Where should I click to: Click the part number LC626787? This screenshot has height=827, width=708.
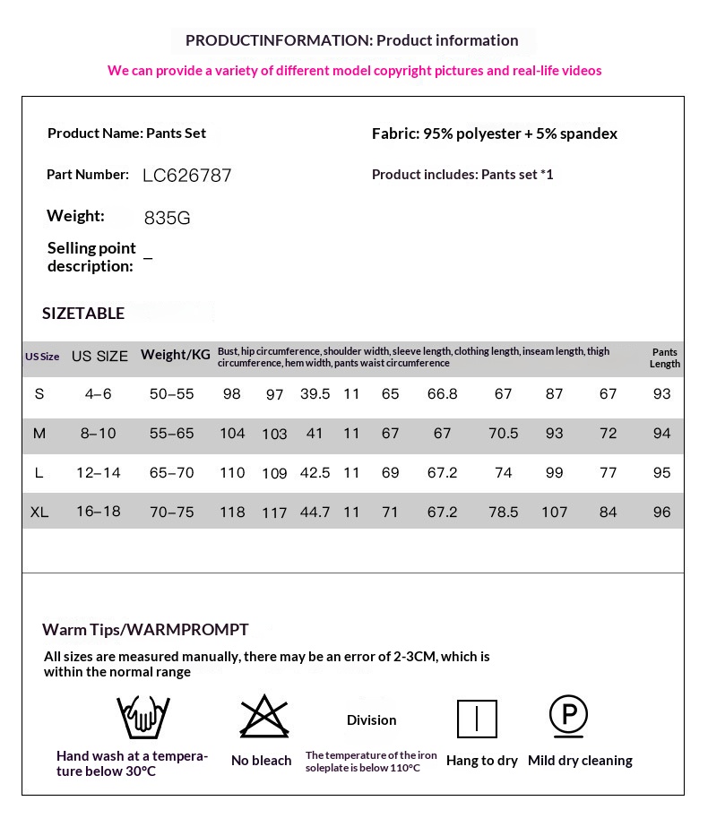[186, 176]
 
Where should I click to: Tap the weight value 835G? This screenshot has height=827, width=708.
[167, 218]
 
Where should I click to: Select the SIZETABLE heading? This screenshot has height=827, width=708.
[83, 313]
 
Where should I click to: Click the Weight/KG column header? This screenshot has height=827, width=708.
[176, 355]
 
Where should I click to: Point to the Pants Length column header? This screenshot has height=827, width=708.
[665, 358]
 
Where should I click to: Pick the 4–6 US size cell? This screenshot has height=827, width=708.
[99, 394]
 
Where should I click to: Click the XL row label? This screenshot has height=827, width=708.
[39, 513]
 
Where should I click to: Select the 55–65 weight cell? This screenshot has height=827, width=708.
[172, 434]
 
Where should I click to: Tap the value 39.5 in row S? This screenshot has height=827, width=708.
[315, 394]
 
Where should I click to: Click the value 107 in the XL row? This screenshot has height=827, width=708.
[555, 513]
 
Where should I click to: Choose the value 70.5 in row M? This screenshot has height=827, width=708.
[504, 434]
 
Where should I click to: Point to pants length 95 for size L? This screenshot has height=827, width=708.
[662, 473]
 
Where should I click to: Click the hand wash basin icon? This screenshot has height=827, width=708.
[143, 718]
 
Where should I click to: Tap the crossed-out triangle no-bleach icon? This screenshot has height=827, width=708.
[262, 717]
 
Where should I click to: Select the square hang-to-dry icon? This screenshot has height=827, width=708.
[477, 719]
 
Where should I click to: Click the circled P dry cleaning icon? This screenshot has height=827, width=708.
[568, 716]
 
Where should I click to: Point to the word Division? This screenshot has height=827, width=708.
[371, 720]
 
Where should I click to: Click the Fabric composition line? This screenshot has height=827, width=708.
[495, 134]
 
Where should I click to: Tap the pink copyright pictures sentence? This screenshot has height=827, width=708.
[354, 71]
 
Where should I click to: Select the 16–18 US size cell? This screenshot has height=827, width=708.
[99, 513]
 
